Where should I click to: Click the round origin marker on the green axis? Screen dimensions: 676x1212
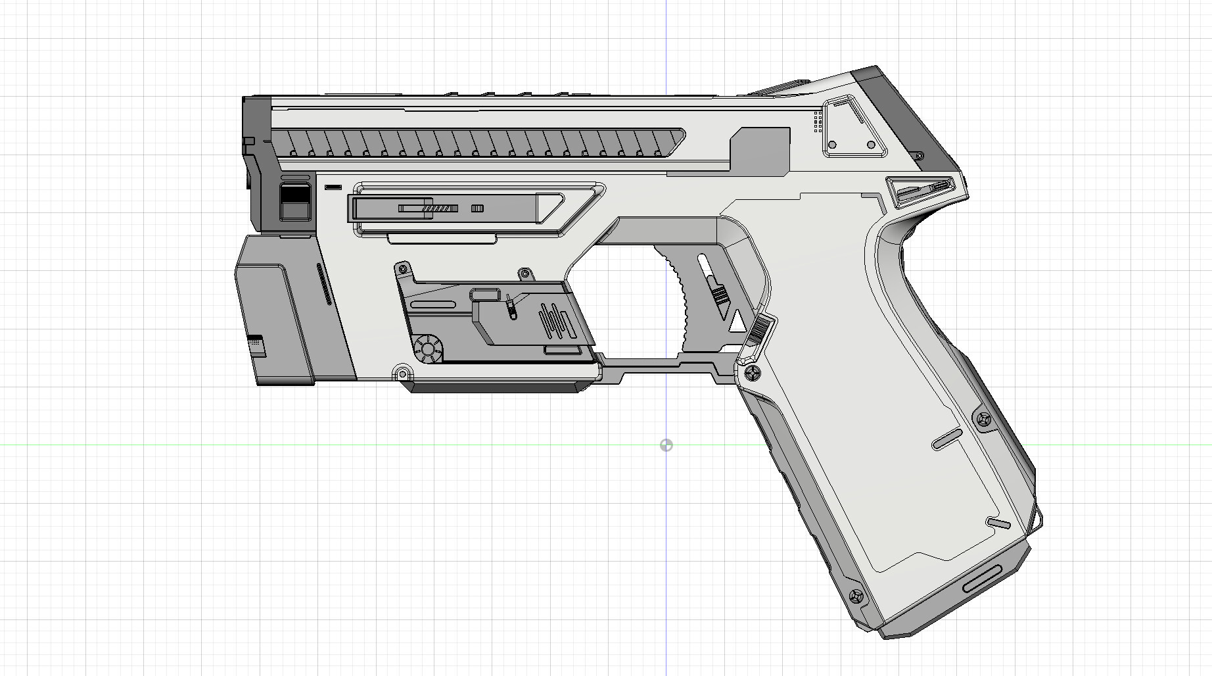(666, 446)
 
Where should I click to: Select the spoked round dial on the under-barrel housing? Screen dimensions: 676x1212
(429, 349)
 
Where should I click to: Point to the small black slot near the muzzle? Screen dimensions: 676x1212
(333, 187)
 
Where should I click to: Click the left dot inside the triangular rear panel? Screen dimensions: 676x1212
(833, 145)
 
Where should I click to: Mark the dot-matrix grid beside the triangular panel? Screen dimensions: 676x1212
(818, 122)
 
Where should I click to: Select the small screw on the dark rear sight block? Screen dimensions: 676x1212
(919, 157)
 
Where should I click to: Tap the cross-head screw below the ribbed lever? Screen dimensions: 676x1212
(753, 374)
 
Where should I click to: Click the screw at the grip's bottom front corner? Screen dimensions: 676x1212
(856, 596)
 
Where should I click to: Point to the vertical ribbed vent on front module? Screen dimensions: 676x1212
(323, 284)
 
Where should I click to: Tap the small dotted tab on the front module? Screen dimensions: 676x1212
(256, 344)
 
